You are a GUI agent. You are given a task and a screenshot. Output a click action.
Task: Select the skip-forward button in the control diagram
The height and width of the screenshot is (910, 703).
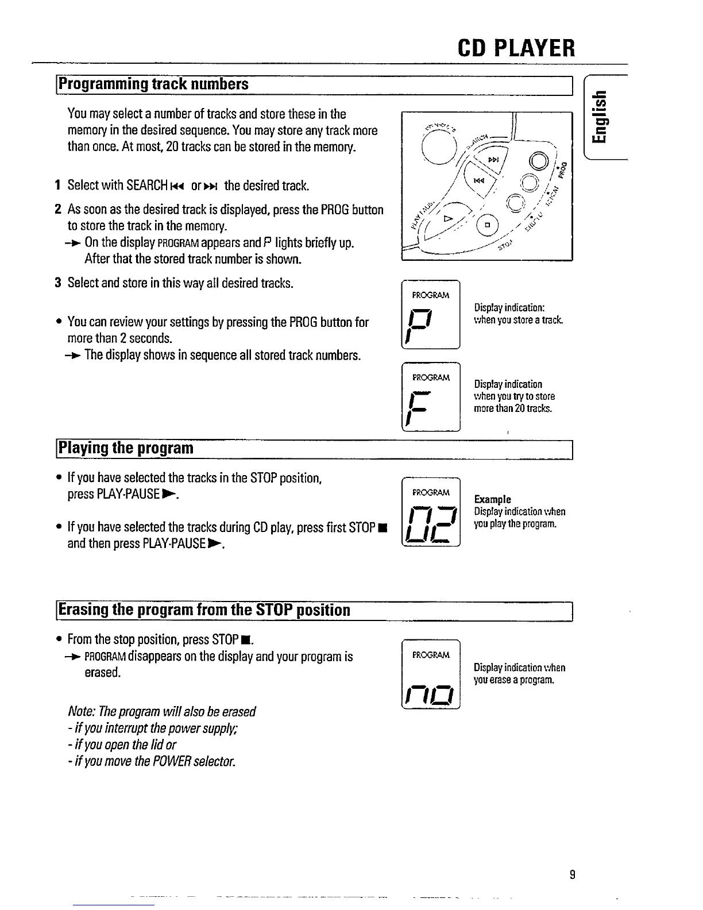click(x=492, y=160)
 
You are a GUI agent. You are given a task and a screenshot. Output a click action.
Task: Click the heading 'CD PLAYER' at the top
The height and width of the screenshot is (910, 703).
click(x=517, y=48)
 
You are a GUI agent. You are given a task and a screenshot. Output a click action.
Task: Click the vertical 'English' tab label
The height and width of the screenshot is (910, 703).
click(x=600, y=121)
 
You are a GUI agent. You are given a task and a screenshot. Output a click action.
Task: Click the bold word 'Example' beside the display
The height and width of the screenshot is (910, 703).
click(x=492, y=499)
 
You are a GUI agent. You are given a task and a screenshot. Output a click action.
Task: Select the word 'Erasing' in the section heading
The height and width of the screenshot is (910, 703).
click(x=85, y=610)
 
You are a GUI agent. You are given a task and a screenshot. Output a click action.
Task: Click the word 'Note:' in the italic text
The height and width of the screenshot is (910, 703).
click(x=82, y=712)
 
